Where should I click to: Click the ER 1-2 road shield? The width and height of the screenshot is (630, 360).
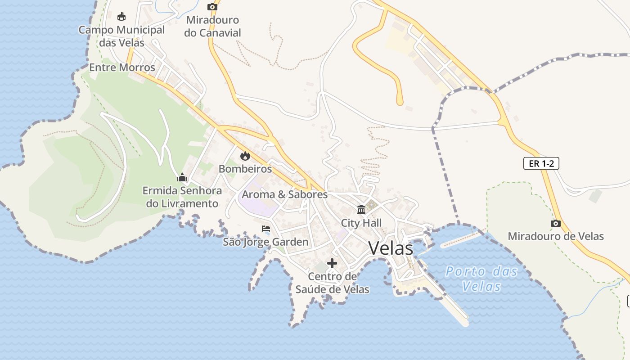coord(541,163)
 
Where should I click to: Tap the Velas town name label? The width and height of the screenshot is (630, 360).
coord(391,248)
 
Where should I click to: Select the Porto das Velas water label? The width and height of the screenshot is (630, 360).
coord(481,279)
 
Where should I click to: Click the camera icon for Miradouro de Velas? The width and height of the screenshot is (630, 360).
coord(556,223)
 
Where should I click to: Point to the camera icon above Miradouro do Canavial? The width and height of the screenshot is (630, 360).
coord(212,7)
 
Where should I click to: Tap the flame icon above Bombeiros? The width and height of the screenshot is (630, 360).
coord(245,156)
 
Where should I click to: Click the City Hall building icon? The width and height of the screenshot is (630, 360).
coord(361,210)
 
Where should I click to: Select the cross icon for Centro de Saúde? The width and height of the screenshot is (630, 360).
coord(332,263)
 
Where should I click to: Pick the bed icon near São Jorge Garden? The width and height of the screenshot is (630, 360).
coord(266,229)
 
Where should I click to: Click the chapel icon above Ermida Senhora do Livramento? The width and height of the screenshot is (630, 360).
coord(182,177)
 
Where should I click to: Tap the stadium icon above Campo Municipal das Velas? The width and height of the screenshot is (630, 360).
coord(121,17)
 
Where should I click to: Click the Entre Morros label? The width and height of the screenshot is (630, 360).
coord(122,67)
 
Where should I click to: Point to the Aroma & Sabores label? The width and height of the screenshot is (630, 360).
coord(284,194)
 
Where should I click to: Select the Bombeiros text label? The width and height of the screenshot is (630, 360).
coord(245,169)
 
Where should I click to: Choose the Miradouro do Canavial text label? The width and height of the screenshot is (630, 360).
coord(212,26)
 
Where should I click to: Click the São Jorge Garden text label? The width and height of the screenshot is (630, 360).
coord(265,242)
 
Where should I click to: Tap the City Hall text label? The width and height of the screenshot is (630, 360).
coord(361,223)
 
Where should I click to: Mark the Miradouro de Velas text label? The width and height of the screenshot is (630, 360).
coord(556,236)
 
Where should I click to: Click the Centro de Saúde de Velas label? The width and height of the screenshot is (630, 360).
coord(332,283)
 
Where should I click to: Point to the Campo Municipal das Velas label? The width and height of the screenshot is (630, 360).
coord(121,36)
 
